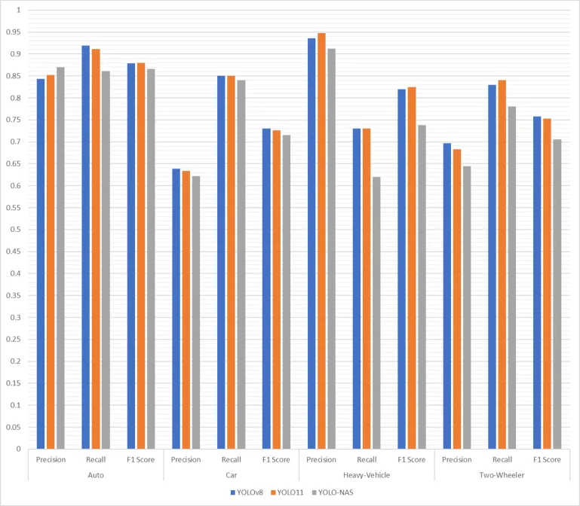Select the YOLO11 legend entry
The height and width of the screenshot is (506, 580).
click(x=292, y=492)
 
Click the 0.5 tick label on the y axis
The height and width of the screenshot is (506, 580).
click(x=16, y=230)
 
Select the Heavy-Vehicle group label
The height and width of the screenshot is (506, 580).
click(x=367, y=475)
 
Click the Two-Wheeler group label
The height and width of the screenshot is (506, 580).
click(x=502, y=475)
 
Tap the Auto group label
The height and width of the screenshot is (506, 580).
click(x=96, y=475)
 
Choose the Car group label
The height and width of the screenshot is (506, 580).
click(x=232, y=475)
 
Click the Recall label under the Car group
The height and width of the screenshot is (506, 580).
click(x=232, y=459)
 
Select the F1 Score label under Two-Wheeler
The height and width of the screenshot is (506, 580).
click(x=548, y=459)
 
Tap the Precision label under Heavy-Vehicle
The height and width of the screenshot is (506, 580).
click(x=321, y=459)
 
